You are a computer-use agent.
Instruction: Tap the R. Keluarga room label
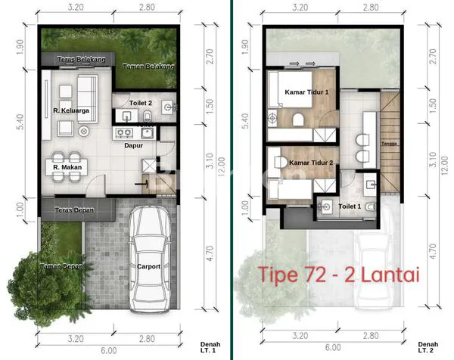[67, 112]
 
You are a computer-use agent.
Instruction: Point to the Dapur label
[134, 145]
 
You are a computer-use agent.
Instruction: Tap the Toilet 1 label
[350, 205]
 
